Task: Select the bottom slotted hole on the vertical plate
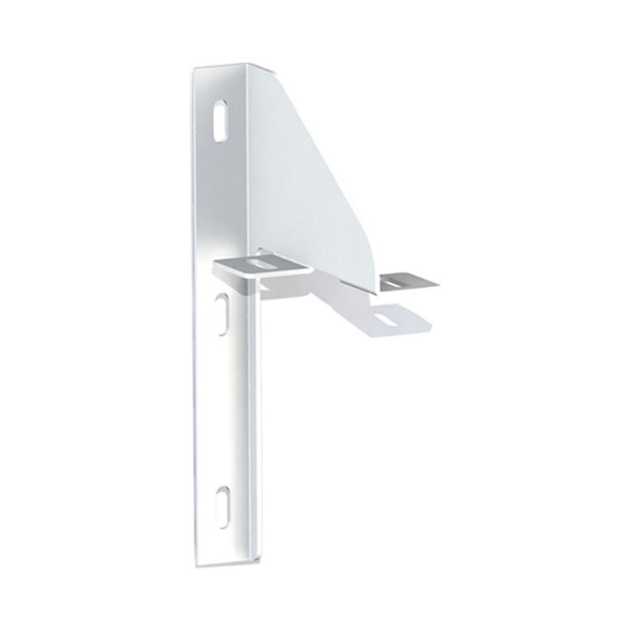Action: pyautogui.click(x=221, y=502)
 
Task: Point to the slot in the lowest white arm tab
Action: pyautogui.click(x=384, y=319)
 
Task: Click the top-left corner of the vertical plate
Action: pyautogui.click(x=194, y=72)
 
